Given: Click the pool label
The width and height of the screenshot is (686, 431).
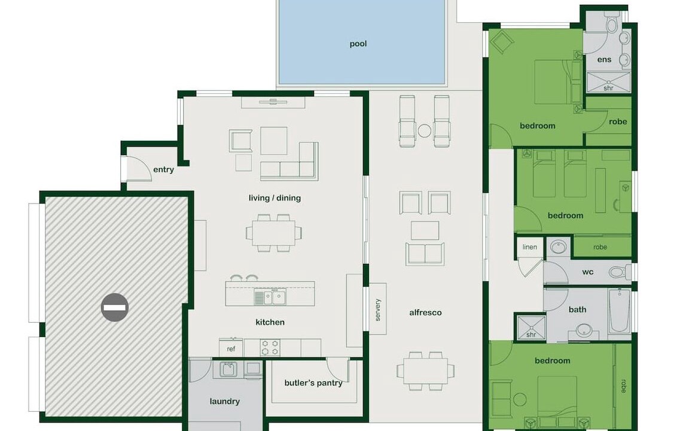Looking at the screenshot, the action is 358,44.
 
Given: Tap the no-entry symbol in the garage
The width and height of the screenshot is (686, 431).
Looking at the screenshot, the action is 115,308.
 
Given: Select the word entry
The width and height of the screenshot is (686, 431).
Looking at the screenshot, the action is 163,170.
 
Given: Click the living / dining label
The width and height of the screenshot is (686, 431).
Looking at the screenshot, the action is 275,198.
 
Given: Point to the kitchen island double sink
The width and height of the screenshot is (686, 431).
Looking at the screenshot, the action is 270,298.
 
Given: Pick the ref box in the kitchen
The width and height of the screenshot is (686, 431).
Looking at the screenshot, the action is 231,348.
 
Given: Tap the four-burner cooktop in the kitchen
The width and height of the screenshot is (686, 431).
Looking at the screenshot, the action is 270,347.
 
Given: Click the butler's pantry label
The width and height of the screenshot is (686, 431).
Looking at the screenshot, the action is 313,383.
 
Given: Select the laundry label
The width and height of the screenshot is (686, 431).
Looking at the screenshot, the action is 224,401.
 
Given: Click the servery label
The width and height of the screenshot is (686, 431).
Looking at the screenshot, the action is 378,309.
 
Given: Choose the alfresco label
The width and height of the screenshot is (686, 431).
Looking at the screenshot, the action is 425,312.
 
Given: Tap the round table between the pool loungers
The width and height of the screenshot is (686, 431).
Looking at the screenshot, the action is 425,130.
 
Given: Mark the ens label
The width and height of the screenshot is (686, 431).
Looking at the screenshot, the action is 604,60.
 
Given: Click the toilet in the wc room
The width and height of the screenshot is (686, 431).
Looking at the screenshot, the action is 619,272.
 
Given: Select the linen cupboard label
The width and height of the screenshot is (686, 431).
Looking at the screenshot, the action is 529,247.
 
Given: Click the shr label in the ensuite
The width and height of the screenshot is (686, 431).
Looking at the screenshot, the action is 609,88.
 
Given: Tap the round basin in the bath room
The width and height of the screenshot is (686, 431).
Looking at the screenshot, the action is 584,330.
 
